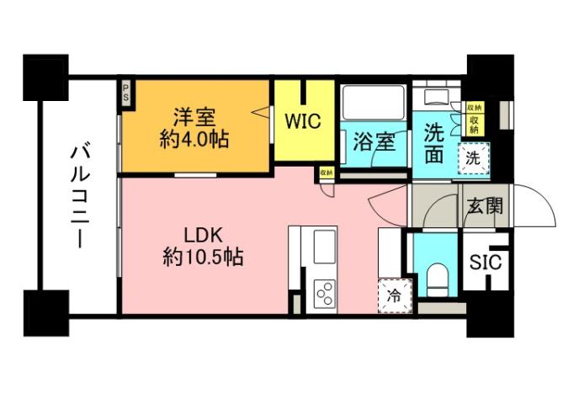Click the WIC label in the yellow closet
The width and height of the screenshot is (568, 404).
click(301, 121)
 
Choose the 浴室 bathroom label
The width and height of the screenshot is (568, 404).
click(374, 141)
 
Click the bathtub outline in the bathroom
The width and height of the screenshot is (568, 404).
click(374, 104)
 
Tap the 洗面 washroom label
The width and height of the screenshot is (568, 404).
click(433, 143)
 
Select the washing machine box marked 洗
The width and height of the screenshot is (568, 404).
click(472, 157)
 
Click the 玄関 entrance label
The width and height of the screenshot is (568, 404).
click(485, 205)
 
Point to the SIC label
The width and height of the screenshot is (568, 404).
click(486, 262)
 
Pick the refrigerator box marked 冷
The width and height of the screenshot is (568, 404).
click(393, 295)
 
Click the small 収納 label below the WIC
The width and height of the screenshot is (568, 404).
click(326, 173)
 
